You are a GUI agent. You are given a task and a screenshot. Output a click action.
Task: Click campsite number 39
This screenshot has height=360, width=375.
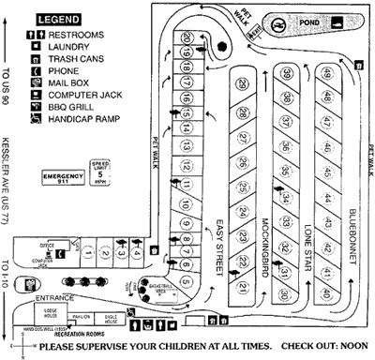point(285,73)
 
